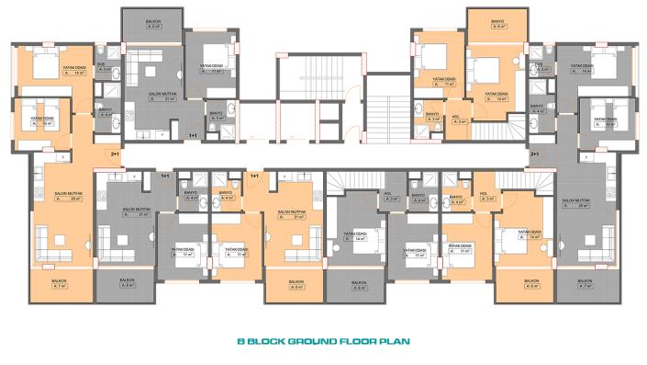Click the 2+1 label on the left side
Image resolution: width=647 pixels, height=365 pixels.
pyautogui.click(x=116, y=154)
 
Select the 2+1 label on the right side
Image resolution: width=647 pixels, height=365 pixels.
pyautogui.click(x=534, y=154)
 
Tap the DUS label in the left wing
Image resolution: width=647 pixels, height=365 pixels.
pyautogui.click(x=106, y=65)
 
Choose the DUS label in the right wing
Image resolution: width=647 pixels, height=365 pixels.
pyautogui.click(x=543, y=65)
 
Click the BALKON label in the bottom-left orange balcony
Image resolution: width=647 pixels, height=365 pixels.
pyautogui.click(x=61, y=282)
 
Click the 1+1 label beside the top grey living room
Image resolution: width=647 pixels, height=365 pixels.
pyautogui.click(x=193, y=135)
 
